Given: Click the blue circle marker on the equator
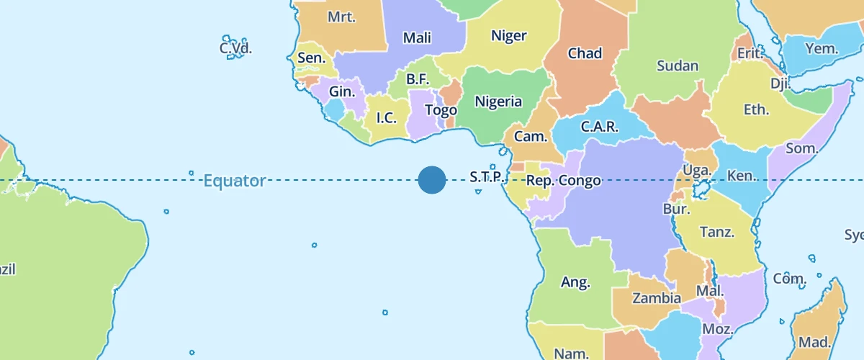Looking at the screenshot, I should [432, 180].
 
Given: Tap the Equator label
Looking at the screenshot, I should [235, 181].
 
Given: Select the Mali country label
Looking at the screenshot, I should [418, 38].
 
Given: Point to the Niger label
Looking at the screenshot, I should [508, 36].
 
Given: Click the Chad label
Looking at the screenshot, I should [585, 53].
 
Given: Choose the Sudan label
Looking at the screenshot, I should [678, 66].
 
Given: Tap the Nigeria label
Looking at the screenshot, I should [498, 102].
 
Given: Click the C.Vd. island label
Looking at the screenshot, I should [235, 48].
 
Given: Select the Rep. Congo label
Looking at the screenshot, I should [564, 181].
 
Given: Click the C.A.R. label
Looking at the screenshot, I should [599, 127].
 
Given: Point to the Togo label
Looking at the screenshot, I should [441, 111].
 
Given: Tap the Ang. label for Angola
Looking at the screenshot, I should [575, 282].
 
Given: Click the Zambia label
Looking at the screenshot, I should [657, 298].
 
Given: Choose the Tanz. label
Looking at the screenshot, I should [717, 232].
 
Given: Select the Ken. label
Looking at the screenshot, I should [741, 176].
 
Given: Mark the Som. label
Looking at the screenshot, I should [802, 149].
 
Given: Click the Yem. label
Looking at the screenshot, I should [822, 49].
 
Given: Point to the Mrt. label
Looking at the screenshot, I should [341, 17].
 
